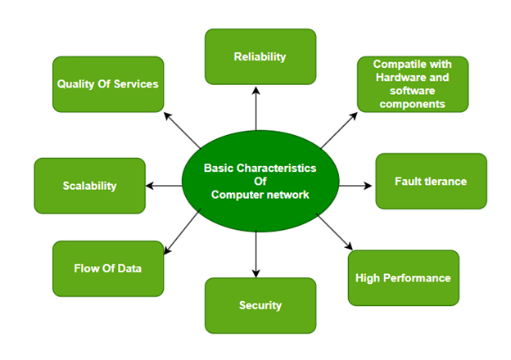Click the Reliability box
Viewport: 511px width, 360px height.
260,56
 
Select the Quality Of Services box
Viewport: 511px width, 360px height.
108,83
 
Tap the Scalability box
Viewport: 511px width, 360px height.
89,186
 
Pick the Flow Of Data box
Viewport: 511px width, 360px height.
108,268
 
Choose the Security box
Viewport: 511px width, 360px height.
260,305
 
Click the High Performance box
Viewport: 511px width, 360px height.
403,278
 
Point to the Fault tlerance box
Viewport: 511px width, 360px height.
431,181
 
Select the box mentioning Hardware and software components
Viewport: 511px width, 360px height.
412,83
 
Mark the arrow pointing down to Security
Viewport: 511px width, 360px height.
257,254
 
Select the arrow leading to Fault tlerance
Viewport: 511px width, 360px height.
354,186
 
